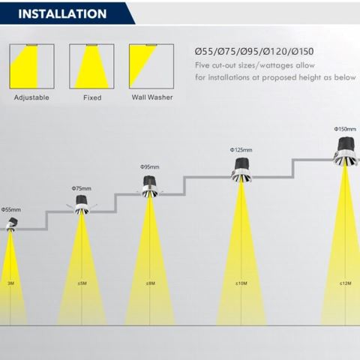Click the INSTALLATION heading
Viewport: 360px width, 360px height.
point(62,13)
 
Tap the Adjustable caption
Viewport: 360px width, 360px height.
point(31,97)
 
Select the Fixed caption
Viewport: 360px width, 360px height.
point(92,97)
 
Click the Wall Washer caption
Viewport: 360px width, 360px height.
point(152,97)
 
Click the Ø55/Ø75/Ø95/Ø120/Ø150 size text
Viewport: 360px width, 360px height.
point(254,52)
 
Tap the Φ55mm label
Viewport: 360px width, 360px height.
point(11,209)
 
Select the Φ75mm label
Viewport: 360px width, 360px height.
point(82,188)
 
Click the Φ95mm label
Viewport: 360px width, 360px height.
point(150,166)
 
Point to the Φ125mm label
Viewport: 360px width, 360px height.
point(241,150)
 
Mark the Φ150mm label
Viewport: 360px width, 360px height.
point(345,129)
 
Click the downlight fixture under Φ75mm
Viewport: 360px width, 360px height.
point(82,205)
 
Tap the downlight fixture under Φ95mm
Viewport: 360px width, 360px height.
point(150,187)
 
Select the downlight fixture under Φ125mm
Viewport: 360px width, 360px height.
point(241,170)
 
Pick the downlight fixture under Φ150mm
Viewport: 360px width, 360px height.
point(346,151)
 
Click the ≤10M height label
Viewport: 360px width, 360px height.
point(241,283)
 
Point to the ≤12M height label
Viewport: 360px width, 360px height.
point(346,283)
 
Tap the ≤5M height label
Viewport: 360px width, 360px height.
point(82,283)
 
